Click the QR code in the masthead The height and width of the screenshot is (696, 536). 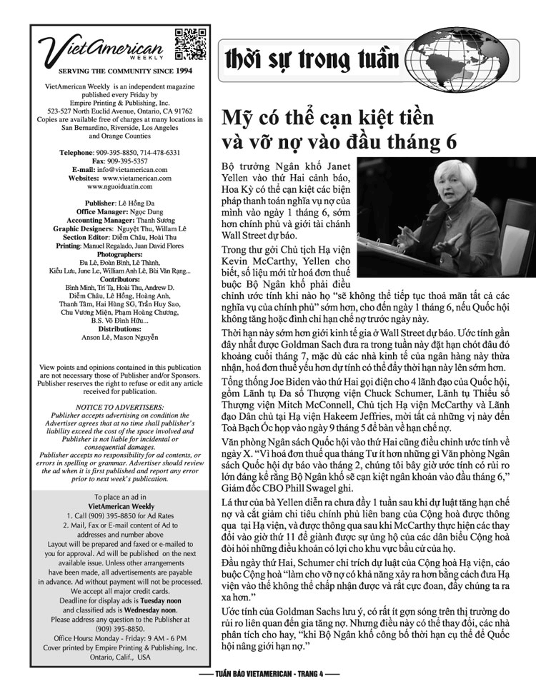pyautogui.click(x=189, y=43)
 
